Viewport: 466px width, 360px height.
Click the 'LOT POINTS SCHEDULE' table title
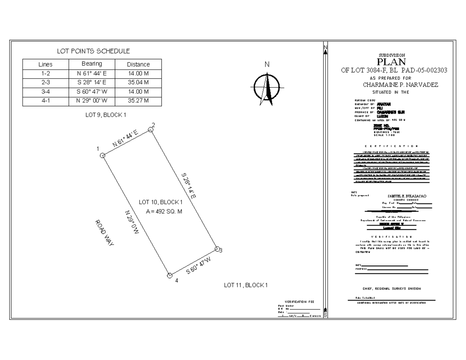tap(93, 51)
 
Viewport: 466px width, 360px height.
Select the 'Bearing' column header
tap(92, 64)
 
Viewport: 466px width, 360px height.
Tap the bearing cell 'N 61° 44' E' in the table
tap(92, 73)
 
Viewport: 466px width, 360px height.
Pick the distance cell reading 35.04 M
tap(138, 82)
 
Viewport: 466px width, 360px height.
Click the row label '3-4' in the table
tap(45, 92)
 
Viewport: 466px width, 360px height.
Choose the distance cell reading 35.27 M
tap(138, 101)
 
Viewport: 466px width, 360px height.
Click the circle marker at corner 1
tap(103, 155)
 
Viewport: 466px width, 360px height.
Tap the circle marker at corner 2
tap(151, 130)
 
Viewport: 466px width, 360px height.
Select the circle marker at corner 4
tap(170, 275)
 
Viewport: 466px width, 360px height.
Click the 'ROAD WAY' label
tap(104, 233)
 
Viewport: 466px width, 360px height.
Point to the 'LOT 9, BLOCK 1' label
tap(106, 115)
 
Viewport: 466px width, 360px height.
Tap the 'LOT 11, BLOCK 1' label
tap(246, 285)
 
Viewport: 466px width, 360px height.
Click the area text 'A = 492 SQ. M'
tap(163, 212)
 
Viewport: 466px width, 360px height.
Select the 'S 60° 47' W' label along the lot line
tap(198, 266)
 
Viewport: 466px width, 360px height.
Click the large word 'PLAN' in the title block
tap(391, 62)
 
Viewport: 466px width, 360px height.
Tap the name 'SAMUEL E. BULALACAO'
tap(407, 196)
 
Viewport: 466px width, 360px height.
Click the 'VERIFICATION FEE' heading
tap(299, 302)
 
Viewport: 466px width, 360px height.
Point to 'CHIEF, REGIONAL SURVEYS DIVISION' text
tap(391, 289)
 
